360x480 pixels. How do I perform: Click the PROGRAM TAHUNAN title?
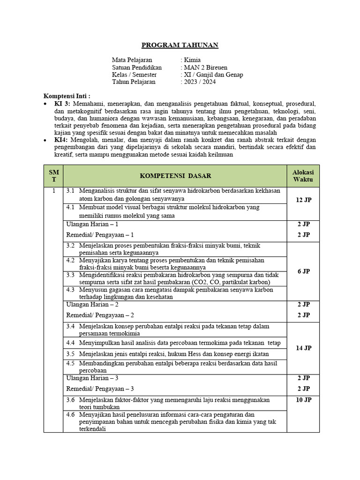(180, 45)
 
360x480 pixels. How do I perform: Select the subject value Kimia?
(192, 60)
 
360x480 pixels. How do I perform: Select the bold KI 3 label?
(61, 103)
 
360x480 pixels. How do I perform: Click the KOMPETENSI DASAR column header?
(175, 176)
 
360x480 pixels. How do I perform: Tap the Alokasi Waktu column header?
(303, 176)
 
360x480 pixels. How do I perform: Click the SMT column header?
(53, 176)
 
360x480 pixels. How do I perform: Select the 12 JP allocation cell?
(303, 200)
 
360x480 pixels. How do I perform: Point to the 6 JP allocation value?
(303, 271)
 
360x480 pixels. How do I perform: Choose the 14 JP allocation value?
(303, 348)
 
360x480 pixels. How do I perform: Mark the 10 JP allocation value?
(303, 400)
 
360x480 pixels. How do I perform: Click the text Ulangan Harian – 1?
(92, 225)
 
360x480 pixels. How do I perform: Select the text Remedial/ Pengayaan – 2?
(100, 315)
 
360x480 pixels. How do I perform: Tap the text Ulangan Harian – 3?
(92, 378)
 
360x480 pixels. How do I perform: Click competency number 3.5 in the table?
(70, 353)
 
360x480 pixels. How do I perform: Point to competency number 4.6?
(70, 414)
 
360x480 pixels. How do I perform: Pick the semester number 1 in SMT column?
(53, 191)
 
